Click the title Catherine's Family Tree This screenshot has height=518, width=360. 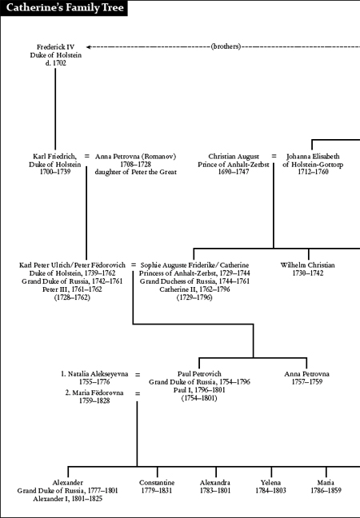[x=65, y=7]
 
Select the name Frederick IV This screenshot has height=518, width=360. [x=55, y=47]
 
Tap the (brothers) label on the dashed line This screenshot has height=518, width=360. [x=226, y=46]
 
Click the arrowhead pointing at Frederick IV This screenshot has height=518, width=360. [x=89, y=47]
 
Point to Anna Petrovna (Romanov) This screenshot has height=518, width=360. [x=135, y=156]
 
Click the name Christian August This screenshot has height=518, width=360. [x=234, y=156]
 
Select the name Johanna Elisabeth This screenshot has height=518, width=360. [x=313, y=156]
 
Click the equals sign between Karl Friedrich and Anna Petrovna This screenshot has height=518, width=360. [x=86, y=156]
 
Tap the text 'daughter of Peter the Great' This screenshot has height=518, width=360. [x=135, y=172]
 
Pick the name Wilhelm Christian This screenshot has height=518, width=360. [x=307, y=265]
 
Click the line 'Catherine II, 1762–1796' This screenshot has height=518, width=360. [x=194, y=289]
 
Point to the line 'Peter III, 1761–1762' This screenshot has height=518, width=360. [x=72, y=289]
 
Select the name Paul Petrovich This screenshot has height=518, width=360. [x=199, y=374]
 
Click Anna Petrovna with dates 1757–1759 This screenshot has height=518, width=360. [x=306, y=377]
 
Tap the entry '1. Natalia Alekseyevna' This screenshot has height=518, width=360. [x=94, y=374]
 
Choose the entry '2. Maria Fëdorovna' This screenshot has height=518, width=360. [x=94, y=392]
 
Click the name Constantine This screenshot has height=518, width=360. [x=157, y=483]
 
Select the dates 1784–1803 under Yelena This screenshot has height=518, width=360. [x=270, y=491]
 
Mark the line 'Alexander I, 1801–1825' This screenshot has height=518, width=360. [x=67, y=499]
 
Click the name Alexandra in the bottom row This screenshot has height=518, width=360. [x=215, y=483]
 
